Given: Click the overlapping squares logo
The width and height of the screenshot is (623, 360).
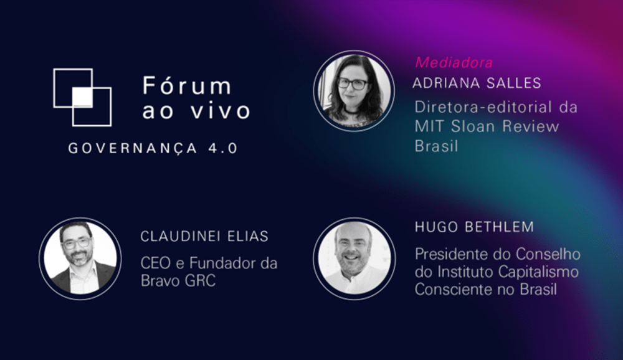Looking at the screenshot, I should click(x=82, y=97).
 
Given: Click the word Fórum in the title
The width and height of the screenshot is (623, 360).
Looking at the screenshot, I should click(x=186, y=85).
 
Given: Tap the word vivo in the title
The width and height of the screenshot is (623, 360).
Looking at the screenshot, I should click(x=222, y=111).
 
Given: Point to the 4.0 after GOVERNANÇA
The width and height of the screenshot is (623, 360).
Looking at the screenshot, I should click(x=221, y=149).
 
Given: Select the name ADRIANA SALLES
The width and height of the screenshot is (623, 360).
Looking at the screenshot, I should click(x=477, y=83).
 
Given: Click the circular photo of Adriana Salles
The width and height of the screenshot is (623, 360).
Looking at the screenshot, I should click(x=354, y=90).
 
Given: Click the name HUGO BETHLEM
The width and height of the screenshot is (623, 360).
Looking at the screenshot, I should click(x=474, y=227).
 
